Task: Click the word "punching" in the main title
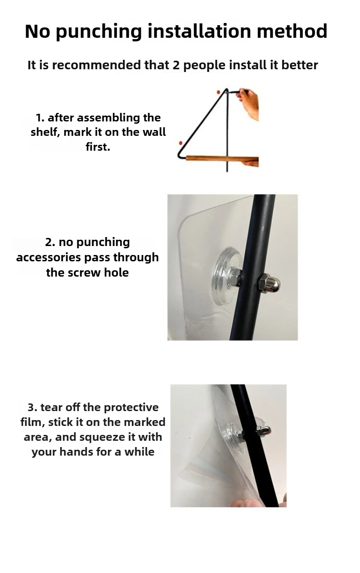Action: [99, 32]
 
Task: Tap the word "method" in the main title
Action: [292, 31]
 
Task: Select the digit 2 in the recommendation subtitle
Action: [176, 65]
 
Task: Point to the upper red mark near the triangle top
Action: [218, 92]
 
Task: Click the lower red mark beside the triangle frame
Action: [180, 143]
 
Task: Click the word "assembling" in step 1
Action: [109, 118]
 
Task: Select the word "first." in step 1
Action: [98, 147]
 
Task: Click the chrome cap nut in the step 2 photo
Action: [270, 284]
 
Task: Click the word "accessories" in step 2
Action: [48, 258]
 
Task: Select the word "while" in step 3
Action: [139, 452]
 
